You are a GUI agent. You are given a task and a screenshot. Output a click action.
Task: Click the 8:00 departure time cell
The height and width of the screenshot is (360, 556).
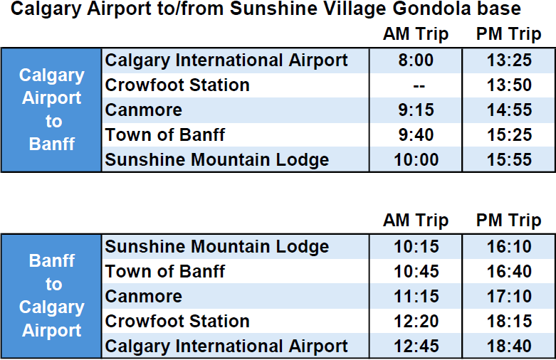click(416, 60)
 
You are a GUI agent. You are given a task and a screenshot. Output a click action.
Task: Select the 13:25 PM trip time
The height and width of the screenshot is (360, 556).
click(509, 60)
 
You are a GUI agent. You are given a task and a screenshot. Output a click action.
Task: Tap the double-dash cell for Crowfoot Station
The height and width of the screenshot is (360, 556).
click(419, 86)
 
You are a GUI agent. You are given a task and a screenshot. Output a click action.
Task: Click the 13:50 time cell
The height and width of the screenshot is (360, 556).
click(509, 85)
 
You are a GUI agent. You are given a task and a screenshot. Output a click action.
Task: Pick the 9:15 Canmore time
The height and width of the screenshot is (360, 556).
click(416, 110)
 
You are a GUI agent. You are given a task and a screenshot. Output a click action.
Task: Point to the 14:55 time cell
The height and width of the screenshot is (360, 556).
click(509, 110)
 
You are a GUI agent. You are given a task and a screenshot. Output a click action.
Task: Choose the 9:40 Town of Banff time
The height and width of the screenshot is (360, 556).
click(416, 135)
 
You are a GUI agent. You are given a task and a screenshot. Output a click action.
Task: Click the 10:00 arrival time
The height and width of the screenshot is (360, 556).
click(416, 160)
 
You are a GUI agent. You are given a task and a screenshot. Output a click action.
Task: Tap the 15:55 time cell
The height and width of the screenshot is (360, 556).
click(509, 160)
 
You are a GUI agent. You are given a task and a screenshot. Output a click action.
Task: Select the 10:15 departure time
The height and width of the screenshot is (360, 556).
click(416, 247)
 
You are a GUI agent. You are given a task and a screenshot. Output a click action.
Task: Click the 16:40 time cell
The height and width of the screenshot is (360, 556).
click(509, 271)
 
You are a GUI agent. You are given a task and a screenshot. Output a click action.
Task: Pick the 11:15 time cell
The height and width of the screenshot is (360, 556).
click(416, 296)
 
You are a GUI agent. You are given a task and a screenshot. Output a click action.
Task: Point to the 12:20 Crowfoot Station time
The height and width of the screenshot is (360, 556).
click(416, 322)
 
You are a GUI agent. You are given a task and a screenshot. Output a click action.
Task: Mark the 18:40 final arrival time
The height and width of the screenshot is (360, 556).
click(509, 346)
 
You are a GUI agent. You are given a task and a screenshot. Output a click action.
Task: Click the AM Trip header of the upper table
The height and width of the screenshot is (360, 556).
click(416, 35)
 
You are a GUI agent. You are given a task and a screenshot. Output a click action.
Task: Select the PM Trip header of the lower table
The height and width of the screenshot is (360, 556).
click(508, 221)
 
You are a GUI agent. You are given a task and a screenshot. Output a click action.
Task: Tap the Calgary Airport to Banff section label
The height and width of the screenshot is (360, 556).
click(52, 110)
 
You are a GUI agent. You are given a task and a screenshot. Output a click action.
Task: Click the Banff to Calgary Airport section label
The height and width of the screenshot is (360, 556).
click(52, 295)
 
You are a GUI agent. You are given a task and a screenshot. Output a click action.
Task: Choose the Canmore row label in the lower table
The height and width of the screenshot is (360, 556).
click(143, 296)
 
